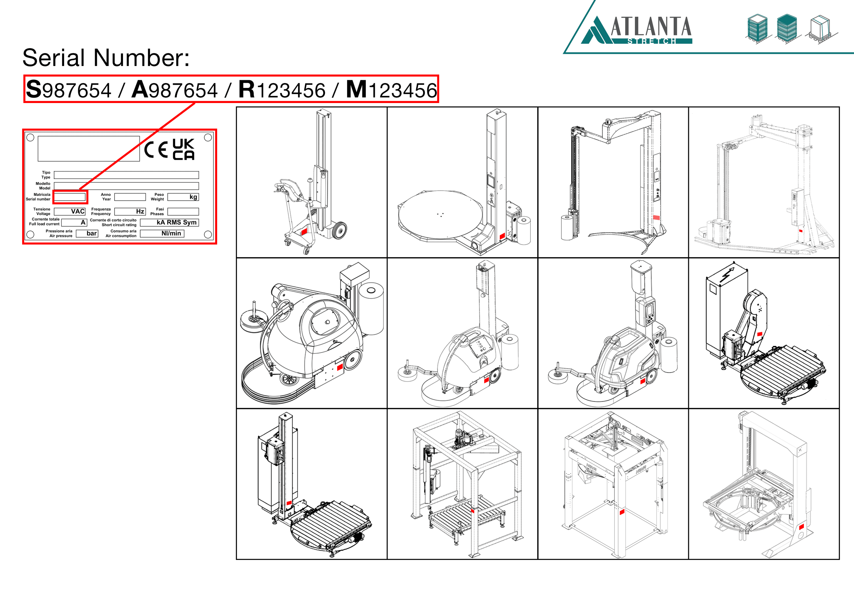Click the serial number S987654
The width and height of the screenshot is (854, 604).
tap(69, 90)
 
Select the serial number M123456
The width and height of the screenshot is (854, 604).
tap(391, 90)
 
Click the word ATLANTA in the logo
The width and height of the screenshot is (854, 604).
tap(651, 27)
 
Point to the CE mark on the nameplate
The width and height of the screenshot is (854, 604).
tap(156, 150)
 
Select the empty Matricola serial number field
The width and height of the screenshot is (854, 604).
tap(70, 197)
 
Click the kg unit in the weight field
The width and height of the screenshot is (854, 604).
tap(193, 197)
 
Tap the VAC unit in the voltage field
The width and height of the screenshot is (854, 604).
tap(78, 211)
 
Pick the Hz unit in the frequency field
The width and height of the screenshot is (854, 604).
tap(140, 211)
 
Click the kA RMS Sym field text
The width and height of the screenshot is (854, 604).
tap(176, 223)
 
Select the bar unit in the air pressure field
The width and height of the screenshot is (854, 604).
tap(92, 233)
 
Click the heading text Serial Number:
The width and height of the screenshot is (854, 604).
tap(106, 58)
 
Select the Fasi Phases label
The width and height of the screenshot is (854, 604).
tap(157, 211)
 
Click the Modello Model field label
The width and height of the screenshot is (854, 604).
tap(43, 186)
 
